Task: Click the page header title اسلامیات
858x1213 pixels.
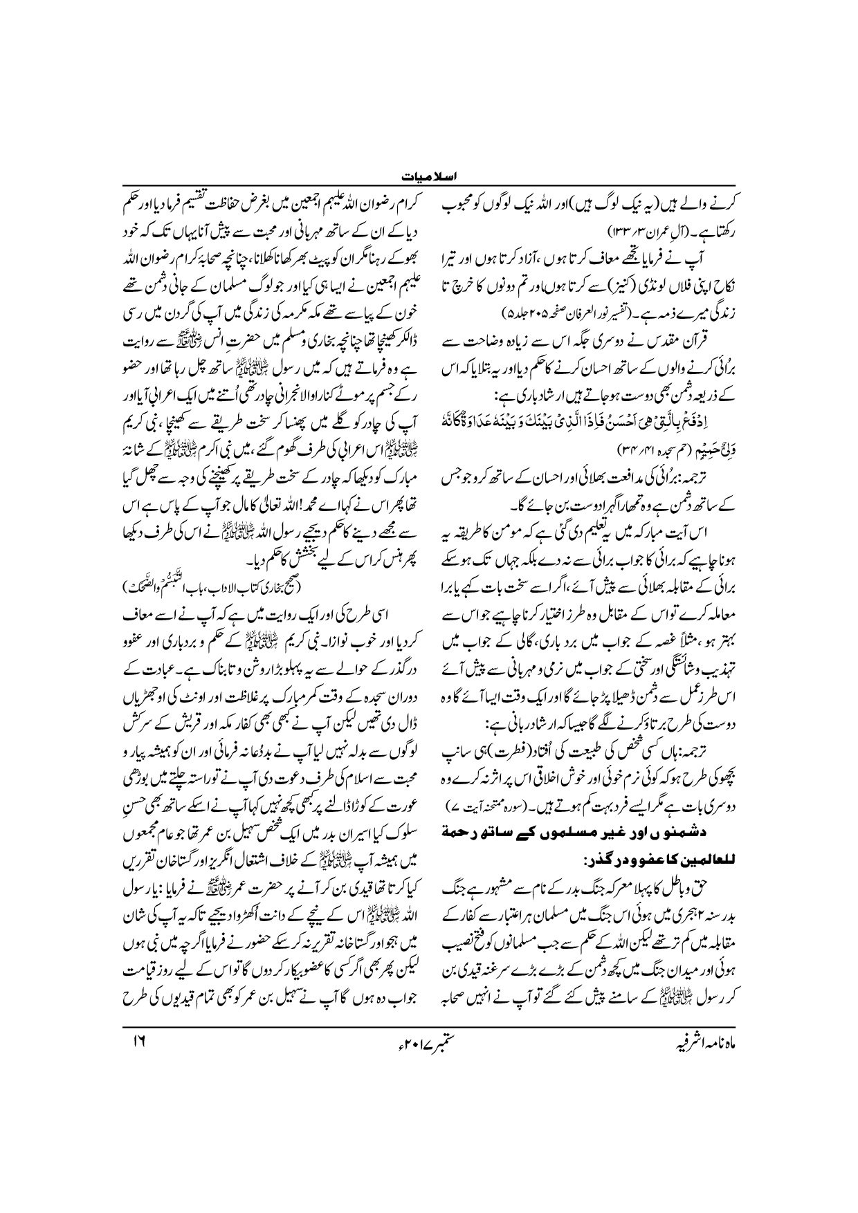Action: tap(429, 178)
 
